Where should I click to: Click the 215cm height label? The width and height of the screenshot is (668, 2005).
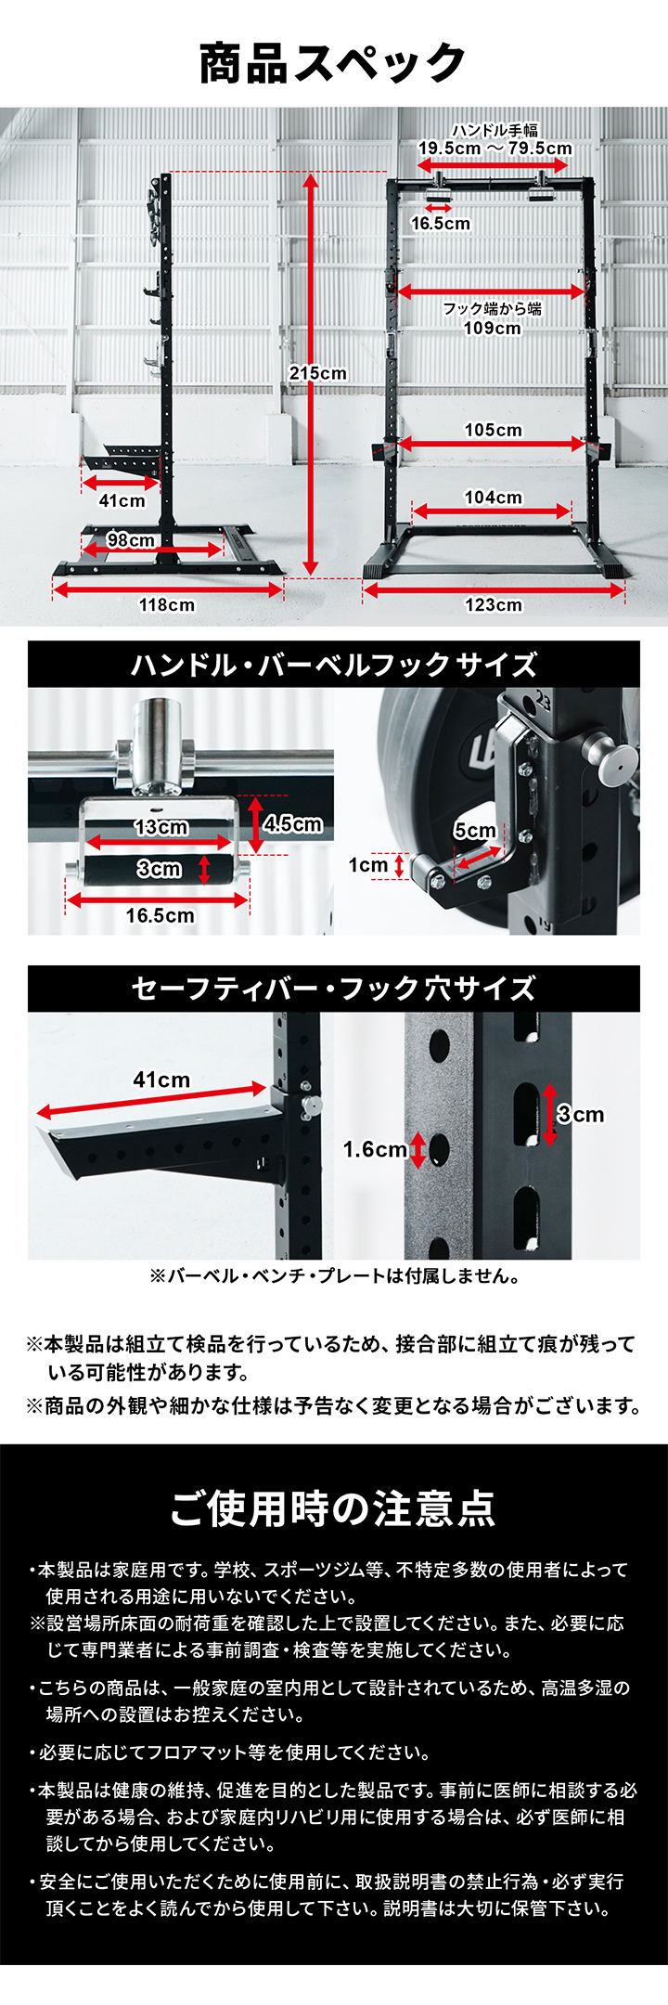click(x=317, y=373)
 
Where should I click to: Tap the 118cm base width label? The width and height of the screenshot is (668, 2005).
click(x=167, y=605)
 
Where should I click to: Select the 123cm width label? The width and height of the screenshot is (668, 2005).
click(x=494, y=605)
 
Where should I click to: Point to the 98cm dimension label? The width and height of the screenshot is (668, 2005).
click(x=131, y=540)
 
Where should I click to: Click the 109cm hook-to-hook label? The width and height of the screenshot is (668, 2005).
click(x=493, y=328)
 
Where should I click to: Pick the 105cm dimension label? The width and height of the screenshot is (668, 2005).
click(x=494, y=430)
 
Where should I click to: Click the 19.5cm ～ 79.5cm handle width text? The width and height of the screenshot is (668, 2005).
click(x=495, y=149)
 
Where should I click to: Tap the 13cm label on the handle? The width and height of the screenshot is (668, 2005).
click(x=161, y=827)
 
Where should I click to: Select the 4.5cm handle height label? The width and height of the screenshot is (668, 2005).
click(x=293, y=823)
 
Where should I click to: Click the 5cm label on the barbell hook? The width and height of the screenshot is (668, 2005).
click(x=475, y=831)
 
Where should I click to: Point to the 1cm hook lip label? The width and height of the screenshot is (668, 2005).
click(x=367, y=865)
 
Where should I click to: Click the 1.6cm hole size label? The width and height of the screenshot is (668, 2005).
click(x=374, y=1149)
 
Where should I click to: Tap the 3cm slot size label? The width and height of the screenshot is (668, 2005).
click(x=581, y=1114)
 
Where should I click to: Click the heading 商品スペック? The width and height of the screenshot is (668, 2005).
click(x=333, y=64)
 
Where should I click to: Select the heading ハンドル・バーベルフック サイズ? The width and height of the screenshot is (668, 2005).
click(x=333, y=665)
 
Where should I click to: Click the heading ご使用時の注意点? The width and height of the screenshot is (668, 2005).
click(x=333, y=1508)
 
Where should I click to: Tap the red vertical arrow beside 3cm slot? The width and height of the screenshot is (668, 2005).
click(x=549, y=1114)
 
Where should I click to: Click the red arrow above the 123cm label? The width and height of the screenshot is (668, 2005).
click(x=494, y=589)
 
